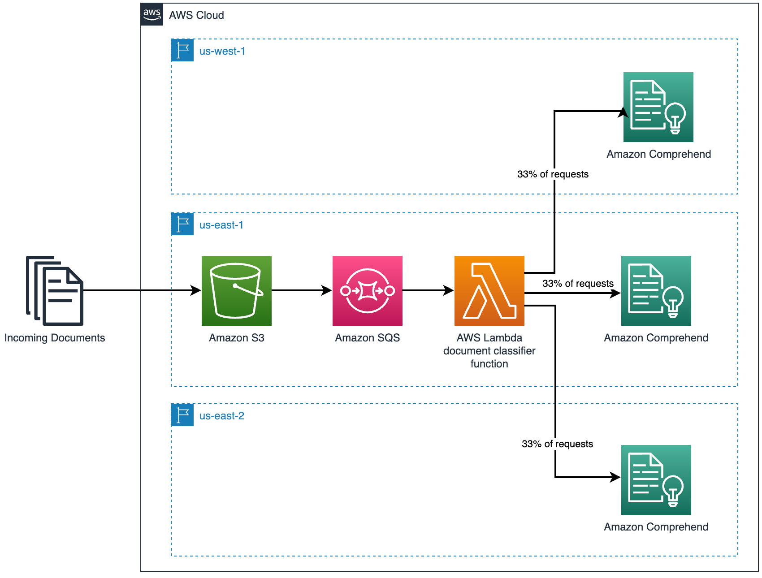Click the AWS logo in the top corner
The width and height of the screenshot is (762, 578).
(152, 14)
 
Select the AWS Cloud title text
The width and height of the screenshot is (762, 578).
(196, 15)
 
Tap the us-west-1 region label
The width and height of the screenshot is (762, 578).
(222, 51)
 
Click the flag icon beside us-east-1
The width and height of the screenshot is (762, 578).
(182, 224)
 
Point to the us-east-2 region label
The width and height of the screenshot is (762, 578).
(222, 416)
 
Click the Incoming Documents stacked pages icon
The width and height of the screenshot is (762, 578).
(55, 290)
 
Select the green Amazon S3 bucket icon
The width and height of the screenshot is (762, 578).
(237, 290)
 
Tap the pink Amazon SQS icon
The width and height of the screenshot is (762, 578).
(368, 290)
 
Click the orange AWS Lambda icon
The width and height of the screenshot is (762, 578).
(489, 290)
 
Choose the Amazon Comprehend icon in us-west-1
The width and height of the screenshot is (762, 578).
(658, 107)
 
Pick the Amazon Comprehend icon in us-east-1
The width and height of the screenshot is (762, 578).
(656, 290)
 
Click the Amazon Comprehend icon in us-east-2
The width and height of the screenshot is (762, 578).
(656, 479)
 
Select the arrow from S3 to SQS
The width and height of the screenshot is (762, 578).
(302, 290)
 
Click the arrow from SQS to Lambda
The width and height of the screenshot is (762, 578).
(428, 290)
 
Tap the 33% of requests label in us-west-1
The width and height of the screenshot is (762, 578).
(553, 174)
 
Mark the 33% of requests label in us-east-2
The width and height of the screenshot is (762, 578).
(557, 444)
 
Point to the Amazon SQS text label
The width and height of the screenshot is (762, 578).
(368, 338)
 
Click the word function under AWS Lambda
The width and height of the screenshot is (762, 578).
(489, 364)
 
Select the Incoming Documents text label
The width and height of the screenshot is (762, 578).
(55, 338)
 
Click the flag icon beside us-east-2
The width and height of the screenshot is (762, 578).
(182, 415)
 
